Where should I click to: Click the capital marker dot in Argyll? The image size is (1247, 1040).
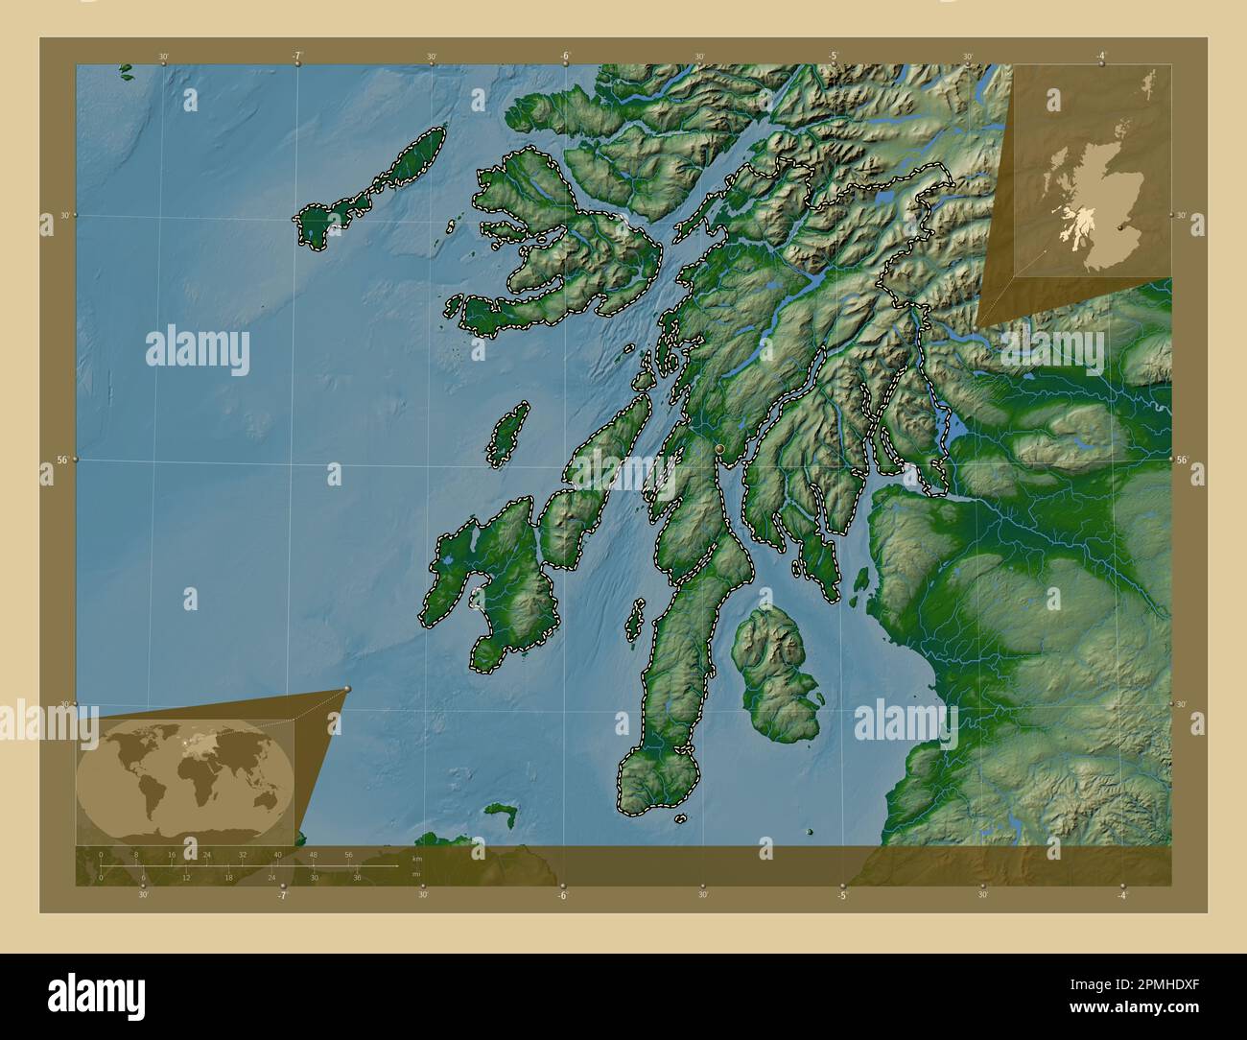720,448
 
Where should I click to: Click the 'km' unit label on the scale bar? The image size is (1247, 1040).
416,859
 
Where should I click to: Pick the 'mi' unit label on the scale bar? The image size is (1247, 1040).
416,874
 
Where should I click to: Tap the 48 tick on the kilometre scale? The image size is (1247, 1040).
313,854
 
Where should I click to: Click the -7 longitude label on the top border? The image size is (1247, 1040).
297,56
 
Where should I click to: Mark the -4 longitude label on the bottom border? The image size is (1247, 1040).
1121,895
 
